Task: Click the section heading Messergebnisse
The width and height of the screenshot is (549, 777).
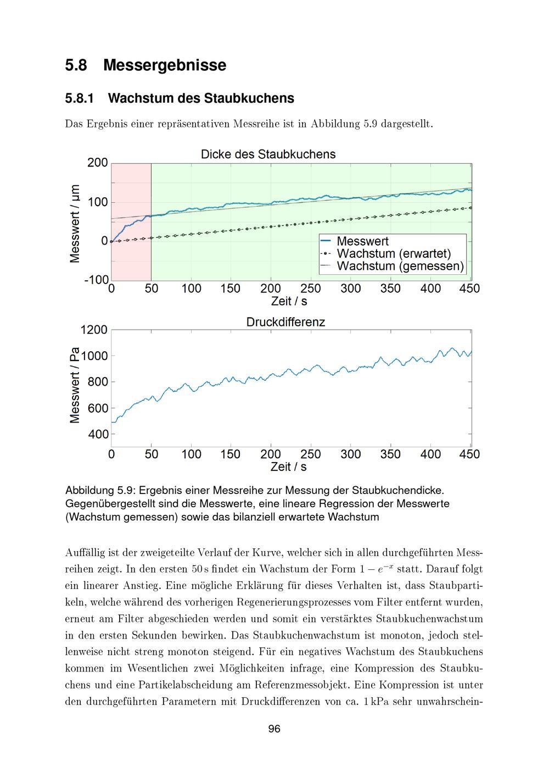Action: pyautogui.click(x=164, y=65)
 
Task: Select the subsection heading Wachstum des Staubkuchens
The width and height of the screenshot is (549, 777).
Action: pyautogui.click(x=201, y=98)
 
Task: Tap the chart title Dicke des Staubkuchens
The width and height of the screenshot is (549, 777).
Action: pyautogui.click(x=268, y=154)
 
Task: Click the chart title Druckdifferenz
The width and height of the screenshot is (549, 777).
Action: pyautogui.click(x=285, y=322)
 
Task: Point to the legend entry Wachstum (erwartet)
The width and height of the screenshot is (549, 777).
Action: pyautogui.click(x=394, y=254)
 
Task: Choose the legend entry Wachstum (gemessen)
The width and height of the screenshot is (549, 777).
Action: pyautogui.click(x=400, y=267)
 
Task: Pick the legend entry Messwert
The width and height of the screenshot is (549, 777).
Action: pyautogui.click(x=362, y=241)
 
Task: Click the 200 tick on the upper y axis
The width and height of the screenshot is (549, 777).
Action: pyautogui.click(x=97, y=163)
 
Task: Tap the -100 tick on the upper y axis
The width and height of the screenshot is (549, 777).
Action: pyautogui.click(x=96, y=280)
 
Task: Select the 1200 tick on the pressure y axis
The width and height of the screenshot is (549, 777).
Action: pyautogui.click(x=94, y=330)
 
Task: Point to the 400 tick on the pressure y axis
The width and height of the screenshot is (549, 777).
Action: pyautogui.click(x=97, y=435)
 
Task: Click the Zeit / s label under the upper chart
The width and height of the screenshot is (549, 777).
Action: pyautogui.click(x=289, y=301)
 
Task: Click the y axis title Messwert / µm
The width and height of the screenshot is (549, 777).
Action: pyautogui.click(x=75, y=223)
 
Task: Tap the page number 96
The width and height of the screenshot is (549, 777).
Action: pyautogui.click(x=274, y=729)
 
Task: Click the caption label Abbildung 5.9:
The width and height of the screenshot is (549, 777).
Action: pyautogui.click(x=102, y=489)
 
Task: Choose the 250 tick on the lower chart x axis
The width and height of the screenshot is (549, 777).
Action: pyautogui.click(x=311, y=454)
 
